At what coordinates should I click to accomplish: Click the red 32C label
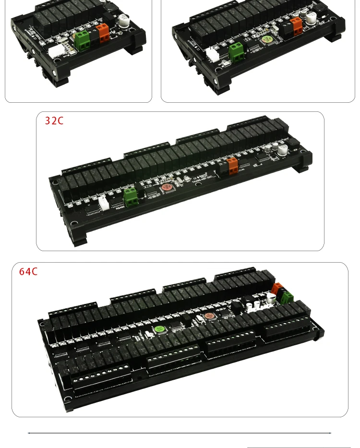pyautogui.click(x=54, y=121)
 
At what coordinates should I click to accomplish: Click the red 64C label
pyautogui.click(x=28, y=272)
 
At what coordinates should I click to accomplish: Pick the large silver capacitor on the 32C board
pyautogui.click(x=283, y=150)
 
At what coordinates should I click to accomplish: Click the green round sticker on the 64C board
pyautogui.click(x=159, y=330)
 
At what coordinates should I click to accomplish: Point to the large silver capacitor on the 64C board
pyautogui.click(x=272, y=299)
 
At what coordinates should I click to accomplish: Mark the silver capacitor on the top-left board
pyautogui.click(x=126, y=22)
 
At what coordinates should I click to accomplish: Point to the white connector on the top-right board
pyautogui.click(x=212, y=55)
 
